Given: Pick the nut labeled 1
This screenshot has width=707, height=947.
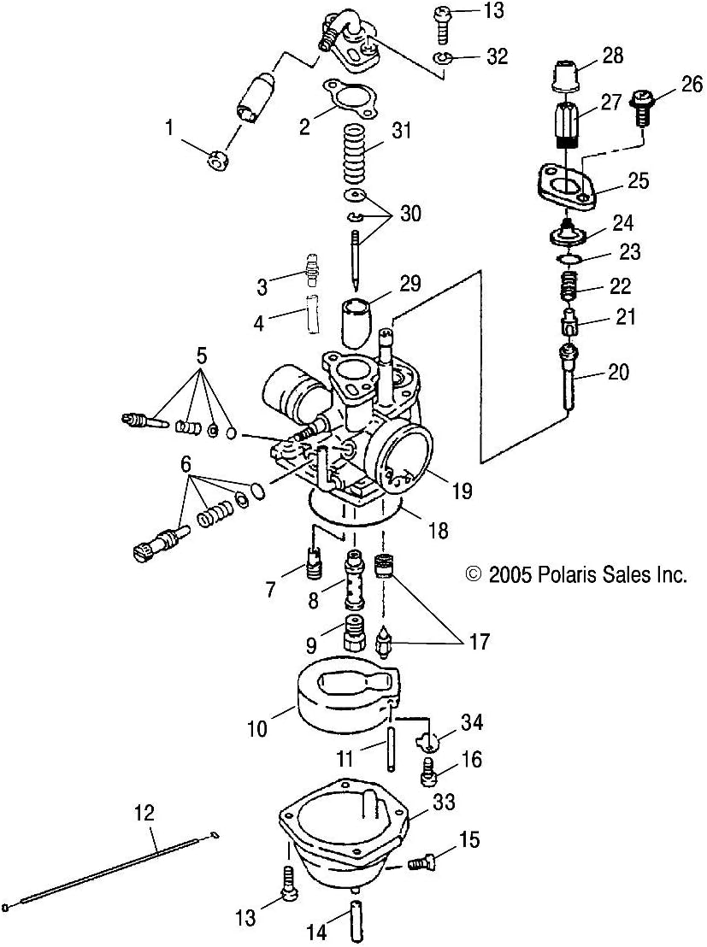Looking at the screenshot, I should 220,159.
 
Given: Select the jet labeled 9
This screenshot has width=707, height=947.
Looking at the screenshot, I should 354,633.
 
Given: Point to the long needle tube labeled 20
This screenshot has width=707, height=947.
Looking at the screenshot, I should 567,376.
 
